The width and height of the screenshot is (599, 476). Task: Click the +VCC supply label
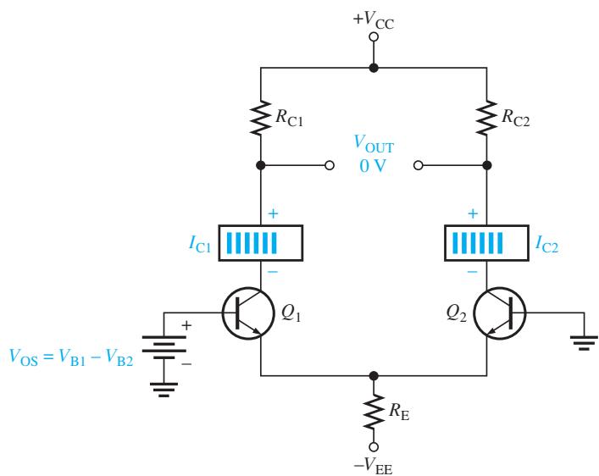374,19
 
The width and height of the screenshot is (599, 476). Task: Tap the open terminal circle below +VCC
374,36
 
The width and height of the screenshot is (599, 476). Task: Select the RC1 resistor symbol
261,117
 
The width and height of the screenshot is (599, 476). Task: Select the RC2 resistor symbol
486,117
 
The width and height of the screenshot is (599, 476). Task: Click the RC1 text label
289,117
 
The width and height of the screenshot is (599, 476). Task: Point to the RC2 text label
516,117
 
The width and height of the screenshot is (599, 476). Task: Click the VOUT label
374,144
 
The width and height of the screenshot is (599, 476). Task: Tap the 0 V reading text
373,166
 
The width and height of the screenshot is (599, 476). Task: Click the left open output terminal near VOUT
330,165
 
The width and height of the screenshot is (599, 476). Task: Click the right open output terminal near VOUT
419,165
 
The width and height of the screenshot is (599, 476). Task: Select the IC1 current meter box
261,243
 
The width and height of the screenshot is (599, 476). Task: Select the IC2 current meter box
486,243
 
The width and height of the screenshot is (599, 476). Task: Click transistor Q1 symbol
248,313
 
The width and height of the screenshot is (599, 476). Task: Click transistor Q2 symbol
500,313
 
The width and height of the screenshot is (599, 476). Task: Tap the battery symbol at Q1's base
164,347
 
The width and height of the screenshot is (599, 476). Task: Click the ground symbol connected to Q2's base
584,343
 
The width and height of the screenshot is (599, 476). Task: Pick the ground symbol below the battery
164,390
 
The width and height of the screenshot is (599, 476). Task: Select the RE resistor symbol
374,412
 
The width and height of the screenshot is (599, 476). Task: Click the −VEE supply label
374,466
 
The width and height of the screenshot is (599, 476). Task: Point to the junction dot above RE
374,376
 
